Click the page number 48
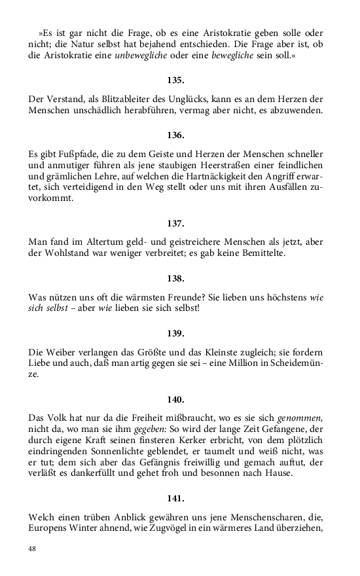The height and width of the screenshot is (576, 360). [33, 548]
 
